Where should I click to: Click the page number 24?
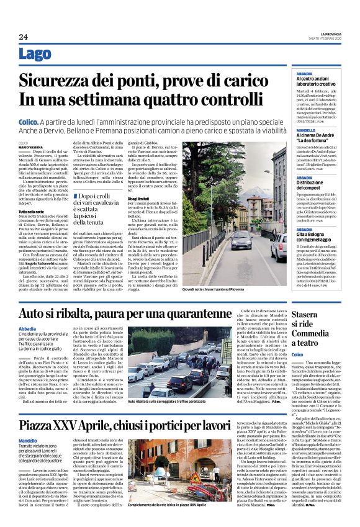click(x=23, y=37)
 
